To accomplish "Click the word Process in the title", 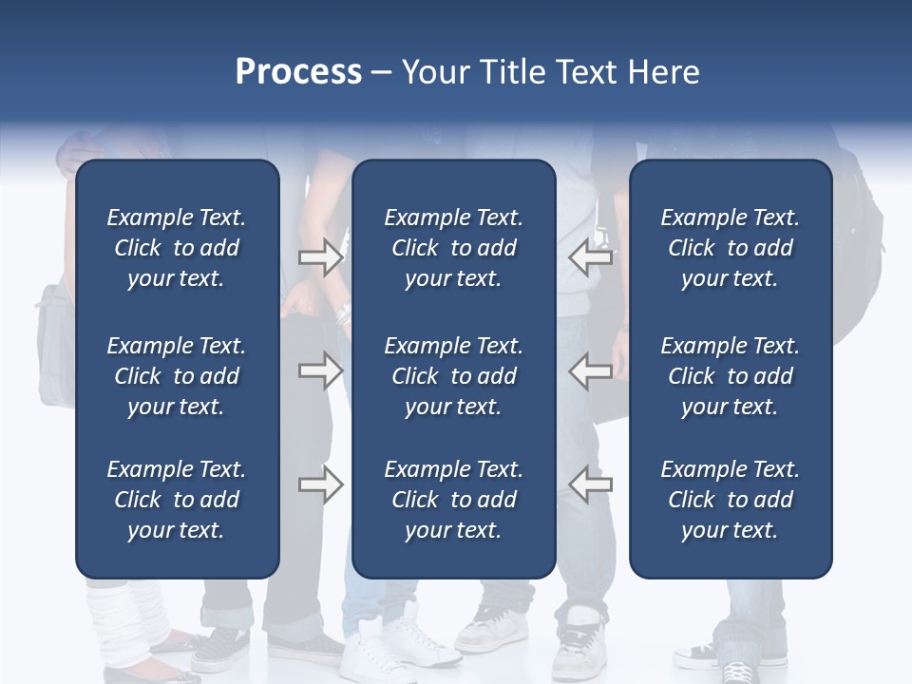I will click(298, 72).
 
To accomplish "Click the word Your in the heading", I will click(435, 72).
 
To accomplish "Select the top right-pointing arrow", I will click(320, 257).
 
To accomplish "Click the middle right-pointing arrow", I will click(320, 370).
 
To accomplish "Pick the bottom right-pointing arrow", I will click(320, 484).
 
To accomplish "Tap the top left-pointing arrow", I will click(591, 257).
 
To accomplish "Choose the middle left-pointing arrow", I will click(591, 370).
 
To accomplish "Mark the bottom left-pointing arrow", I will click(591, 484).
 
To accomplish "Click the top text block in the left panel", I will click(177, 248).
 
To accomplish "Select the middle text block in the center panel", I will click(453, 376).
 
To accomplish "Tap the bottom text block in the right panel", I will click(730, 500).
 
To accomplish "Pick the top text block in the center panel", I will click(453, 248).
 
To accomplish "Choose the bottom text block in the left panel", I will click(177, 500).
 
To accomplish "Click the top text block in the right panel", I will click(730, 248).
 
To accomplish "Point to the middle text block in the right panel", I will click(730, 376).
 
